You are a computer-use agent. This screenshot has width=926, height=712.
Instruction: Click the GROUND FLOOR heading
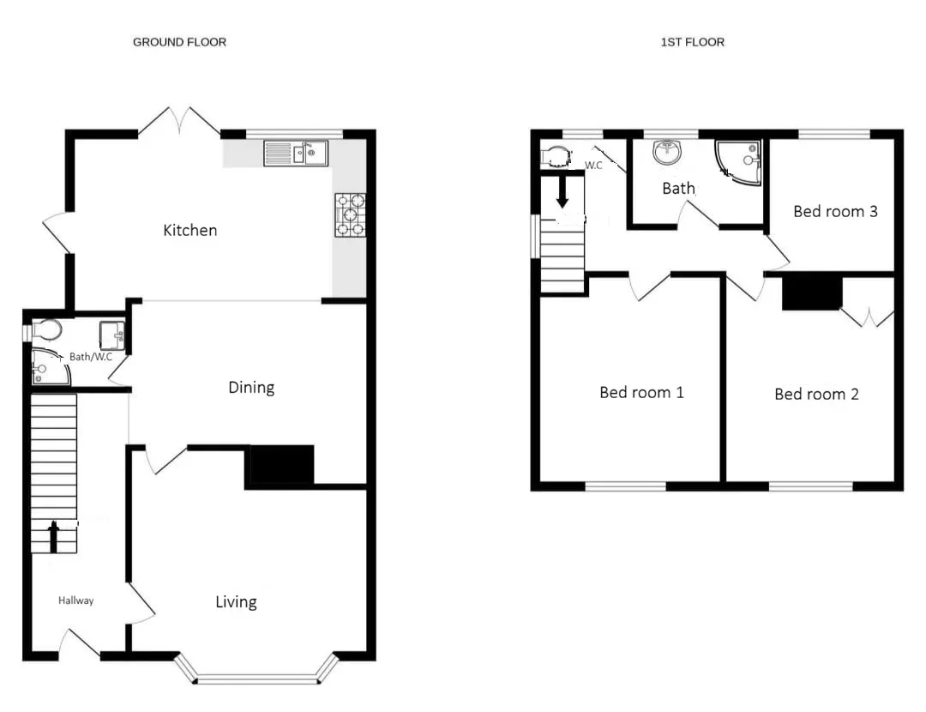point(179,42)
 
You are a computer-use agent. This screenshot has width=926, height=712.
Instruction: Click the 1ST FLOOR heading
point(692,42)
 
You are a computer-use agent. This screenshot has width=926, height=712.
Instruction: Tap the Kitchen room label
point(190,230)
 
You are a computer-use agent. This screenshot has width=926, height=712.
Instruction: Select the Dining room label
point(251,388)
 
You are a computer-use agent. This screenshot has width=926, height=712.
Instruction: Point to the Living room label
point(237,602)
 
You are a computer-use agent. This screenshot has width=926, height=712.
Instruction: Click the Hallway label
point(75,601)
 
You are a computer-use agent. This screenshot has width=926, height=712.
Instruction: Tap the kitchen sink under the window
point(296,154)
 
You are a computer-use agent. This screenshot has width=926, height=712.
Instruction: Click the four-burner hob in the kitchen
point(350,215)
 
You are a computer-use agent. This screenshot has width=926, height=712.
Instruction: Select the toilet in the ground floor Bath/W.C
point(46,330)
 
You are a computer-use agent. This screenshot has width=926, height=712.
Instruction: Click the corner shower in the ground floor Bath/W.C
point(50,367)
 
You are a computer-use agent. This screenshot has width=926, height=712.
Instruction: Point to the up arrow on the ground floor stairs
point(54,536)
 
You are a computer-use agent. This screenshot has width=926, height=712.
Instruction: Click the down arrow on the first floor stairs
point(562,190)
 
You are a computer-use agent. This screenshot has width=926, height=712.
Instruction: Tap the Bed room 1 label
point(642,392)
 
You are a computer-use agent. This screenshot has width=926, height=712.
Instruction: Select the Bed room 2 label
point(817,394)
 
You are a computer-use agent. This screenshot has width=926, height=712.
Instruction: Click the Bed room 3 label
point(836,212)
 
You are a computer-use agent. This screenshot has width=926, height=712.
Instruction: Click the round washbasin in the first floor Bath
point(667,153)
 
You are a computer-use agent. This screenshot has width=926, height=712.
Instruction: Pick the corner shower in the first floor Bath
point(738,162)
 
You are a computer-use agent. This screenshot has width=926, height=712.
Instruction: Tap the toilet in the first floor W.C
point(556,157)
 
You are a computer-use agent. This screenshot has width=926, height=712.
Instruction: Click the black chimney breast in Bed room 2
point(812,293)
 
